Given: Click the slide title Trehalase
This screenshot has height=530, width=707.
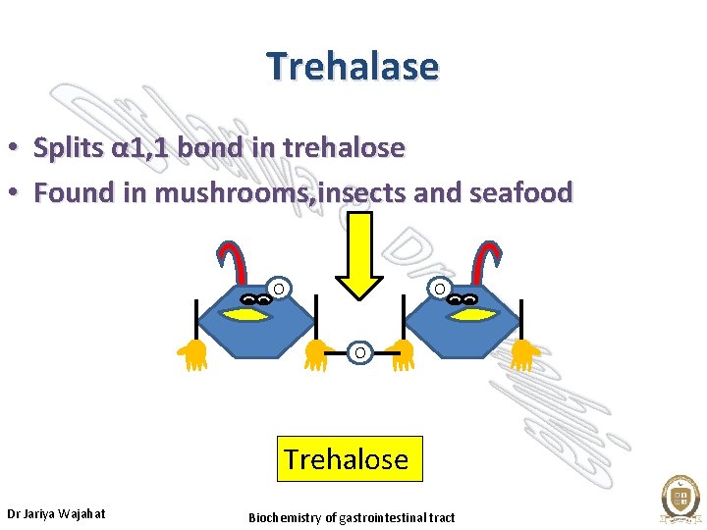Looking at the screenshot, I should [x=353, y=67].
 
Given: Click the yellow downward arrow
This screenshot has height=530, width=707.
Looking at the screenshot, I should [x=359, y=255].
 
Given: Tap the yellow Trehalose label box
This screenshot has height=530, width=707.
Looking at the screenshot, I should [x=350, y=459].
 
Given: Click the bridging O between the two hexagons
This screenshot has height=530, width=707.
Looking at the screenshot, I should [x=359, y=352].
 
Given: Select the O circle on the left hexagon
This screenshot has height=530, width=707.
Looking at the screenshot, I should [x=279, y=289].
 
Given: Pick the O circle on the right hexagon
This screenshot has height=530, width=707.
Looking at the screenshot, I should [x=441, y=289].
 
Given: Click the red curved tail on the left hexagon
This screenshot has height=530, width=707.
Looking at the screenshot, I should [x=230, y=259].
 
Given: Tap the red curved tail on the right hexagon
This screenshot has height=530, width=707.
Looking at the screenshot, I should [x=487, y=259].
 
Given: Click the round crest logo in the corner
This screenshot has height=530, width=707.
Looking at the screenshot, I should [x=680, y=499].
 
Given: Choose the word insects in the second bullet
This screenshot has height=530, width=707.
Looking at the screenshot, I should [x=369, y=192].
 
